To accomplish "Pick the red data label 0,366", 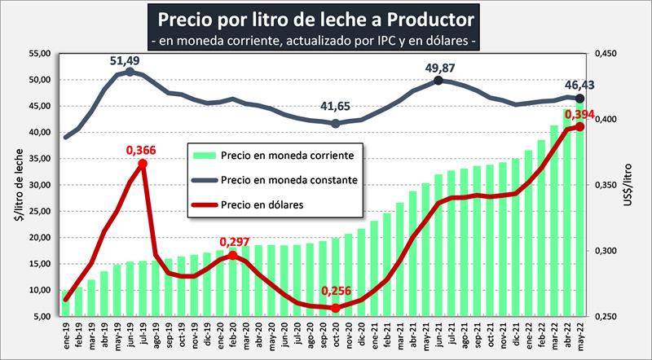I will [142, 150].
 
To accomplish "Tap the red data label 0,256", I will [336, 292].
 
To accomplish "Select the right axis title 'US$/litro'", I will [638, 186].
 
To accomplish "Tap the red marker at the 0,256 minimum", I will [335, 308].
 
